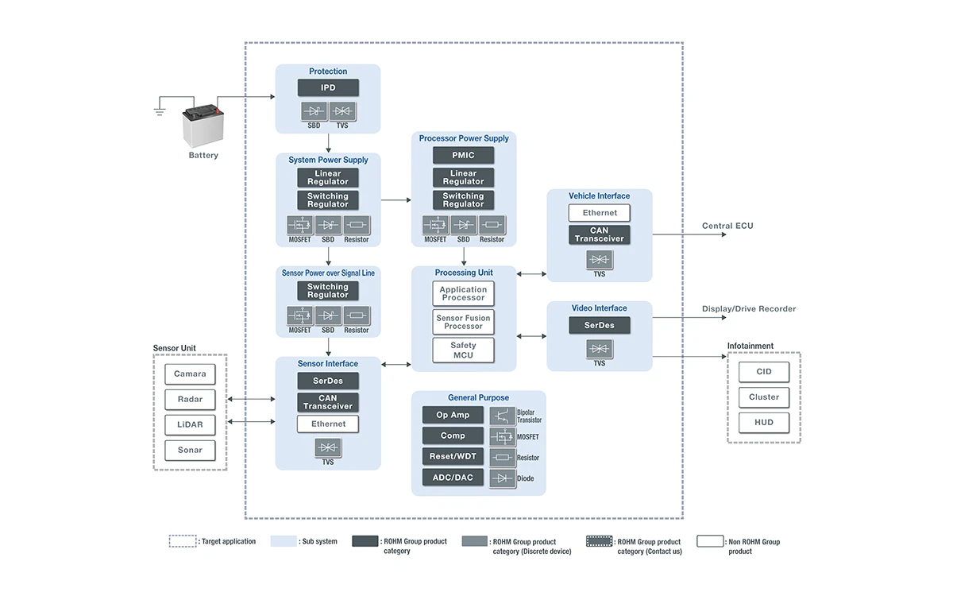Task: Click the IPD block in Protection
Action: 328,87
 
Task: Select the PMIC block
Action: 463,155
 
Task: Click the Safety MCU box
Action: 463,350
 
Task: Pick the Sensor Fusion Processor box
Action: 463,322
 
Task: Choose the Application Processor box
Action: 463,294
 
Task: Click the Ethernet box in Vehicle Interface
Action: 600,213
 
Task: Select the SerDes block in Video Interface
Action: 600,325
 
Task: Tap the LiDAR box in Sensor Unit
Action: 190,424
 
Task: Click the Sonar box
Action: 190,450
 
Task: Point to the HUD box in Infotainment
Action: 764,423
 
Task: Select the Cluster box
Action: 764,397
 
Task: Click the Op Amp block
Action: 453,415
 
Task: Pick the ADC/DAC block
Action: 453,478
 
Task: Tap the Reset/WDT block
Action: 453,456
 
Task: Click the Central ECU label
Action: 727,226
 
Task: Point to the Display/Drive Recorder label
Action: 748,309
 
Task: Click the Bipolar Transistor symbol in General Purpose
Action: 502,416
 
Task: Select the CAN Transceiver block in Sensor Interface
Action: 328,402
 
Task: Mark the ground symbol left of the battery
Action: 160,110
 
